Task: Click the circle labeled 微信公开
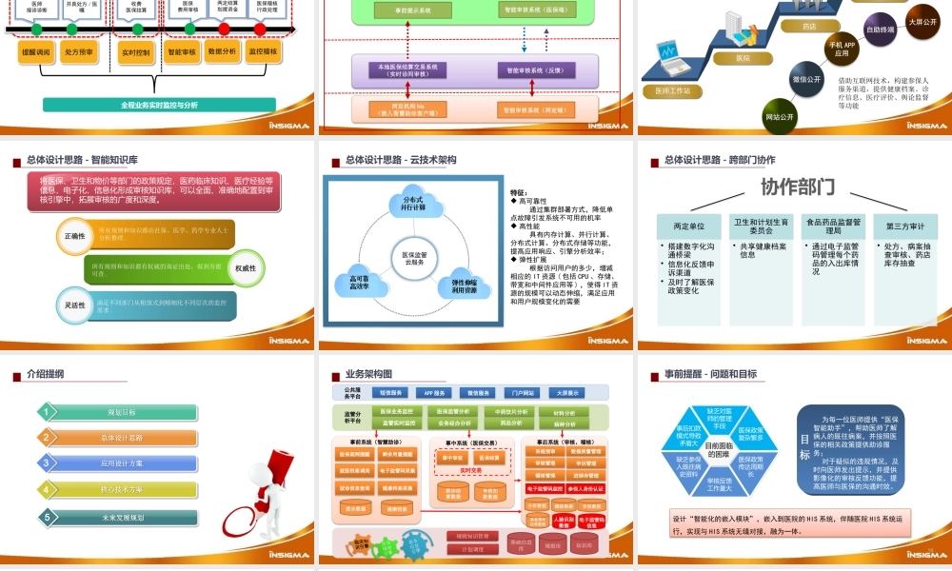click(807, 79)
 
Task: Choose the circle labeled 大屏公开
click(922, 21)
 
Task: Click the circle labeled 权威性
click(245, 268)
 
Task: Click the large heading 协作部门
click(797, 186)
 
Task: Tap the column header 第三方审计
click(904, 226)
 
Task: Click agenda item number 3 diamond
click(44, 463)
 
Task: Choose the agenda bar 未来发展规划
click(124, 517)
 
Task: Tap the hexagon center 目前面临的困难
click(719, 450)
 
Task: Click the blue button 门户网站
click(522, 392)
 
